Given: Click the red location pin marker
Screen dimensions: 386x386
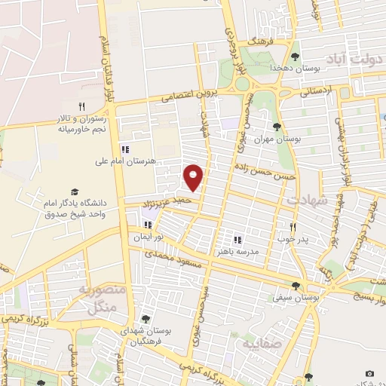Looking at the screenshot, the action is (x=194, y=176).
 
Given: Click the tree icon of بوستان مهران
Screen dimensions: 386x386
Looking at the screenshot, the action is (x=277, y=126).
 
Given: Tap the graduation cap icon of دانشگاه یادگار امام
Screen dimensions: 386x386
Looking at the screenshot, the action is (x=74, y=192).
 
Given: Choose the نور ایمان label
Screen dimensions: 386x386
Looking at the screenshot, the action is (x=149, y=237).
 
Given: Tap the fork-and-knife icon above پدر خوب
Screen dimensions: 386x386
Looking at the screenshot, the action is (x=293, y=227).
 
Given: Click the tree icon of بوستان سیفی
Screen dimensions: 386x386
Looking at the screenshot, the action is (x=296, y=286).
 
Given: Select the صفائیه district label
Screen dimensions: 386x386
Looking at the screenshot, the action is (x=261, y=345).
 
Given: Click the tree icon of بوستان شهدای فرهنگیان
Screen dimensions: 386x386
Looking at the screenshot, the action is (x=146, y=318).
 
